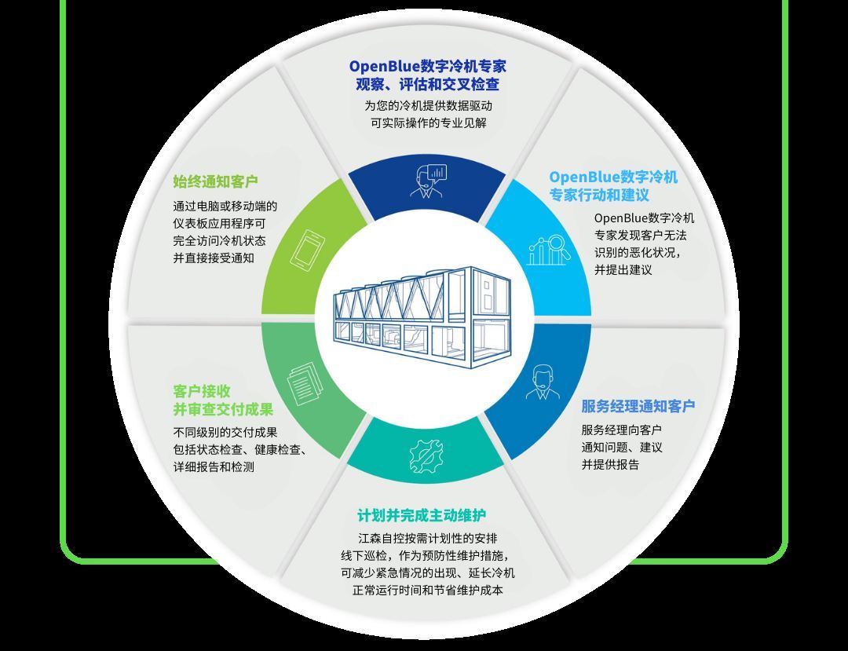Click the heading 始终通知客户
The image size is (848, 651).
(216, 181)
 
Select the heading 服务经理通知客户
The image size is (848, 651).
(638, 406)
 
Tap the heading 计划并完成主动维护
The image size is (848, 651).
(422, 516)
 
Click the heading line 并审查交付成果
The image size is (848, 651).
(223, 409)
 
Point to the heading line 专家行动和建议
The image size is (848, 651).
(599, 195)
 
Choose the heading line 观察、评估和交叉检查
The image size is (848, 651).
(428, 84)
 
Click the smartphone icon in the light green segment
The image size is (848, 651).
(307, 249)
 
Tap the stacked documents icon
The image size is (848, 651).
(305, 383)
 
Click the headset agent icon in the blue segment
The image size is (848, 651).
(543, 382)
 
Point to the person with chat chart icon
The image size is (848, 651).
(429, 181)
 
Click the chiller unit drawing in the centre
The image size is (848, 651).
(422, 316)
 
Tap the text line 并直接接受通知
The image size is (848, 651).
(214, 258)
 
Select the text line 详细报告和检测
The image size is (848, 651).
(214, 466)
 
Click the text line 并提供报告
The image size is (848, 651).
(610, 464)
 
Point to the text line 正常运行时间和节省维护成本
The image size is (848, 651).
(428, 590)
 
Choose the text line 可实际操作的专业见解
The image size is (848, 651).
(429, 123)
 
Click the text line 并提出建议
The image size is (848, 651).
(623, 270)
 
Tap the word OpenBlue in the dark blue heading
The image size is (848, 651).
(385, 67)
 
